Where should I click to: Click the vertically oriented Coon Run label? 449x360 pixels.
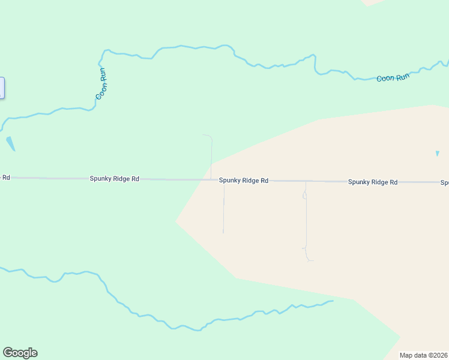point(102,83)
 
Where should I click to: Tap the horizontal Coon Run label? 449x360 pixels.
point(393,78)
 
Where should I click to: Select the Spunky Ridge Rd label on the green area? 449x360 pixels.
point(115,179)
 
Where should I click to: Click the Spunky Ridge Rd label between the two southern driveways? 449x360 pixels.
point(243,180)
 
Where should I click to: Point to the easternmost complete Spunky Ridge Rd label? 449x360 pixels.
point(373,182)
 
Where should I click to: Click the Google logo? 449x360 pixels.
point(20,353)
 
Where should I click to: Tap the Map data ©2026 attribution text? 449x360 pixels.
point(424,355)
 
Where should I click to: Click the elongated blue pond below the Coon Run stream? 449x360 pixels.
point(10,144)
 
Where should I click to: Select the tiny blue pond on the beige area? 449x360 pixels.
point(437,154)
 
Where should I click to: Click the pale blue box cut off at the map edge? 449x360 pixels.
point(2,88)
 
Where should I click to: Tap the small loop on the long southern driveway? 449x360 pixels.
point(304,195)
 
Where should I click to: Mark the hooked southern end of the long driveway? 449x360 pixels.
point(309,260)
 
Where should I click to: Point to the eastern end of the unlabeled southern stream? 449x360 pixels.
point(331,301)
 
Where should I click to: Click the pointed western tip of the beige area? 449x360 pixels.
point(176,221)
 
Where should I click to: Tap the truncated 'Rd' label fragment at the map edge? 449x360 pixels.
point(5,178)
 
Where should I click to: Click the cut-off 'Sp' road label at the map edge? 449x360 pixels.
point(445,182)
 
